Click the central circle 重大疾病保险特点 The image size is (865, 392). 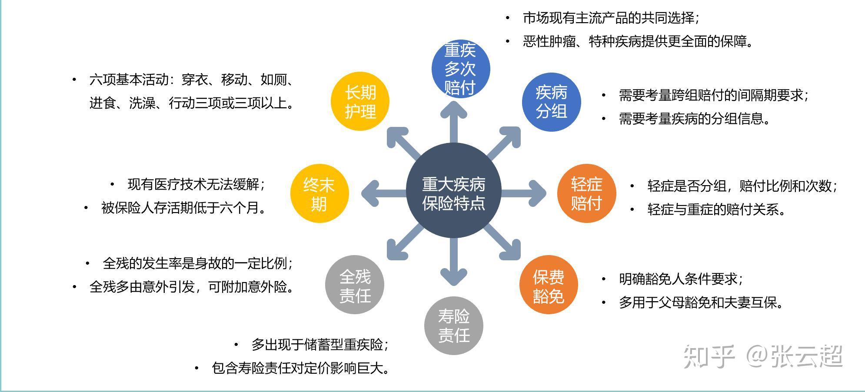pyautogui.click(x=453, y=191)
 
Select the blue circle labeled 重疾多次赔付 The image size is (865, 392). pyautogui.click(x=460, y=69)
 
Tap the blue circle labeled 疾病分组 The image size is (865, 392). pyautogui.click(x=551, y=102)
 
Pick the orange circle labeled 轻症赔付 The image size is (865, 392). pyautogui.click(x=586, y=193)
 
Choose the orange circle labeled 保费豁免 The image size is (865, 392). pyautogui.click(x=549, y=286)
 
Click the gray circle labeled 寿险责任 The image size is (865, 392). pyautogui.click(x=453, y=326)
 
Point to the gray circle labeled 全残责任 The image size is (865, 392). pyautogui.click(x=355, y=285)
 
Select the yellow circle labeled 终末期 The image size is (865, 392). pyautogui.click(x=319, y=193)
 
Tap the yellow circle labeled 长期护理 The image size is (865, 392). pyautogui.click(x=360, y=102)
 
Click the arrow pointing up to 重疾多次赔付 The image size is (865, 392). pyautogui.click(x=453, y=122)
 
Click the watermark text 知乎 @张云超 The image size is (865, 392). pyautogui.click(x=763, y=356)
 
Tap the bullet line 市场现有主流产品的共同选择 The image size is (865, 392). pyautogui.click(x=610, y=18)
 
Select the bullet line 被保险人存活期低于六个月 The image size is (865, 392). pyautogui.click(x=183, y=208)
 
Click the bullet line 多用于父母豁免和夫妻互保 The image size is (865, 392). pyautogui.click(x=701, y=302)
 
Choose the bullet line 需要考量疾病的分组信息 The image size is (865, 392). pyautogui.click(x=694, y=119)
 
